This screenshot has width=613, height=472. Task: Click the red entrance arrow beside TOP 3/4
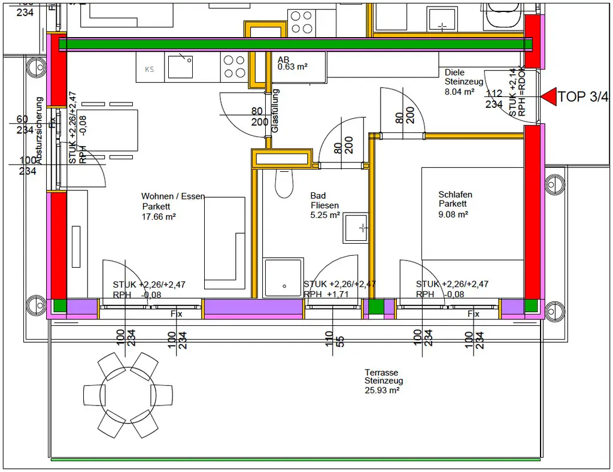548,96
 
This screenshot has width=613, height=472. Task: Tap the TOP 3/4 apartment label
583,96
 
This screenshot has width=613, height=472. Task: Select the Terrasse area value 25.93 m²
382,389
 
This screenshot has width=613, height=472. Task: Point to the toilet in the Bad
283,182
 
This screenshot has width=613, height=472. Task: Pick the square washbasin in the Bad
355,227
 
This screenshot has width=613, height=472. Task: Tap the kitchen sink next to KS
180,65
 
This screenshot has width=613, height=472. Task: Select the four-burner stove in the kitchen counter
233,66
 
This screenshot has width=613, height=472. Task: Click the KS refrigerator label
150,69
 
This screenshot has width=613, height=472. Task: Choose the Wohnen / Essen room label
172,196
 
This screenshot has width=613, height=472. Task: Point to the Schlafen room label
455,195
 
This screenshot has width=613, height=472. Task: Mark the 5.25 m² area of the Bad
325,215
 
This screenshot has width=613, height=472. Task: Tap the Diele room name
454,72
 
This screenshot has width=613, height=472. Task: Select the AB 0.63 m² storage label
292,63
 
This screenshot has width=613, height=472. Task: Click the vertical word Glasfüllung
275,111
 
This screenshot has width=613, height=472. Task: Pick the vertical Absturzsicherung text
39,131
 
